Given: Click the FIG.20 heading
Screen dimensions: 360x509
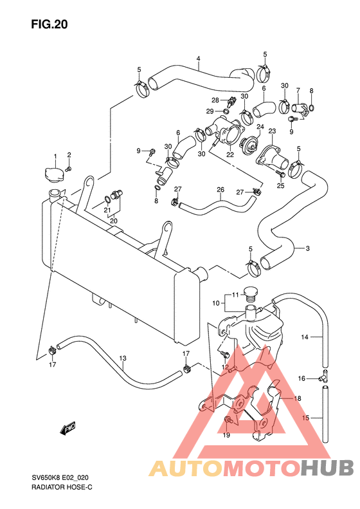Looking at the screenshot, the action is pyautogui.click(x=50, y=24).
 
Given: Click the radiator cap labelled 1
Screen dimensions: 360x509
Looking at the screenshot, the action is pyautogui.click(x=55, y=175).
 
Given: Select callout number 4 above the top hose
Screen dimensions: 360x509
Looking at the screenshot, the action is pyautogui.click(x=198, y=59).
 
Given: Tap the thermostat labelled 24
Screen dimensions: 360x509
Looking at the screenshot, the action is pyautogui.click(x=248, y=144).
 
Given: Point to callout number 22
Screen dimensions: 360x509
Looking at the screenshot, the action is pyautogui.click(x=230, y=154).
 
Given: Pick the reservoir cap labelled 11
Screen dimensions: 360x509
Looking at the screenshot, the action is pyautogui.click(x=250, y=293).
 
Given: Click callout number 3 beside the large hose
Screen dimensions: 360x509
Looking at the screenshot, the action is pyautogui.click(x=307, y=248).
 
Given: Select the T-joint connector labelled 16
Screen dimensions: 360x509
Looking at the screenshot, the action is pyautogui.click(x=325, y=377).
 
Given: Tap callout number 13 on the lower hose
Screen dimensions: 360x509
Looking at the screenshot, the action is pyautogui.click(x=123, y=358).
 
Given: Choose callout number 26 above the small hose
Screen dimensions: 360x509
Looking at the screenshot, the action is pyautogui.click(x=221, y=189).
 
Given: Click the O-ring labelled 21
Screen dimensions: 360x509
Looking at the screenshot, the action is pyautogui.click(x=107, y=199).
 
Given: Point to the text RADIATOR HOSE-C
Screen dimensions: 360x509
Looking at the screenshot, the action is pyautogui.click(x=62, y=487).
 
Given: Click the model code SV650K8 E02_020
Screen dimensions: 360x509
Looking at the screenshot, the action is pyautogui.click(x=60, y=478).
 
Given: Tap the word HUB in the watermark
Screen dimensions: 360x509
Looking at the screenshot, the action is pyautogui.click(x=327, y=468).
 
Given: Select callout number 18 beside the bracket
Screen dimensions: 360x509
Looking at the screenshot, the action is pyautogui.click(x=297, y=398).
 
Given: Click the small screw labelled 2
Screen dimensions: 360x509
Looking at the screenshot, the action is pyautogui.click(x=68, y=169).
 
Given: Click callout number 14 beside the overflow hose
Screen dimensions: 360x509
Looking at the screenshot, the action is pyautogui.click(x=305, y=337).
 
